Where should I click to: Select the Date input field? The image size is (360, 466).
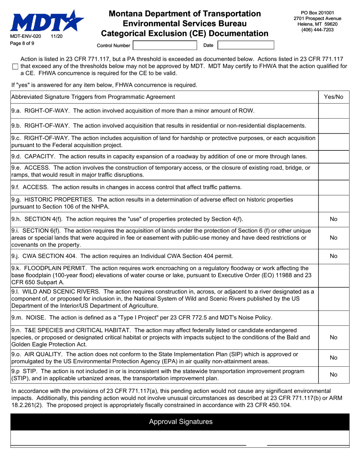(x=246, y=45)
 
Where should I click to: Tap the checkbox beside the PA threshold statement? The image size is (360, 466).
(x=15, y=67)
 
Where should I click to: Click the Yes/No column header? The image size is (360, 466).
(x=333, y=97)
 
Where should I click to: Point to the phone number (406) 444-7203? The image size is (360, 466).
(x=318, y=30)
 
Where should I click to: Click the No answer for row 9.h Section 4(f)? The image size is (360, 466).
(x=333, y=219)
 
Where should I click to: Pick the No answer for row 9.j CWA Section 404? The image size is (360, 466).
(x=333, y=256)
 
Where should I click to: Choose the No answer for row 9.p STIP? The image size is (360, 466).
(x=333, y=375)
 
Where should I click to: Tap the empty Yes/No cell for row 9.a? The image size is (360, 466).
(x=333, y=111)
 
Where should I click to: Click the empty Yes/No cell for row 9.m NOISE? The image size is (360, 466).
(x=333, y=317)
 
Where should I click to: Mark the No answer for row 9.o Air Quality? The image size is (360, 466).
(x=333, y=358)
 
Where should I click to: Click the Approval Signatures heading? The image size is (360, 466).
(x=181, y=422)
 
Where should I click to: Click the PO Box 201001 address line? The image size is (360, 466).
(x=318, y=13)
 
